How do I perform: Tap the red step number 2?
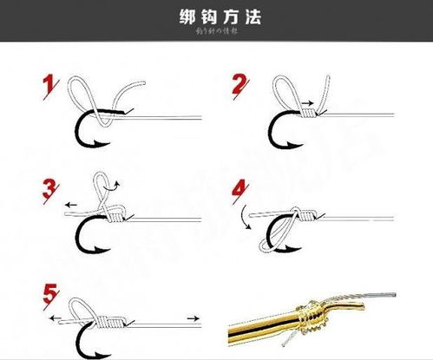240,84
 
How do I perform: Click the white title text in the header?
216,16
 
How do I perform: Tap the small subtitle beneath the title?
216,32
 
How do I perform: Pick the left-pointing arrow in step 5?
56,319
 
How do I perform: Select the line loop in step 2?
285,88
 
